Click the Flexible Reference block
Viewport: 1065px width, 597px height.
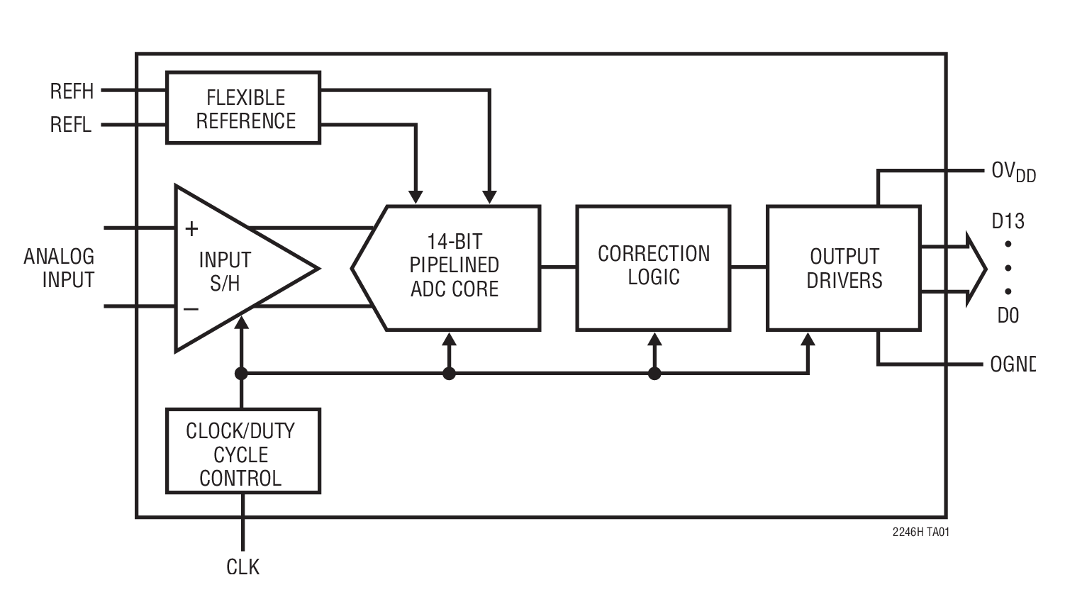coord(243,108)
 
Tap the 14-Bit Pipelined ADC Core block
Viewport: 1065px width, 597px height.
coord(454,267)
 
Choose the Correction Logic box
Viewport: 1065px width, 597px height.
coord(653,267)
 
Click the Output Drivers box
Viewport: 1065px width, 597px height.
coord(844,268)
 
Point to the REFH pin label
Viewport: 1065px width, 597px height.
coord(72,91)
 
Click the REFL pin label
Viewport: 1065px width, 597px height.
coord(71,125)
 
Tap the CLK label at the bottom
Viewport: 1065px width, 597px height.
coord(242,567)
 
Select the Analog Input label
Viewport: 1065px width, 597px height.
coord(60,268)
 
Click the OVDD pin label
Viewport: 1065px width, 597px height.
coord(1013,172)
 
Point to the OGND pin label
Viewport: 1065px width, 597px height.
coord(1013,364)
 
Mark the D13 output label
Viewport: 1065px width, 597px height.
coord(1008,222)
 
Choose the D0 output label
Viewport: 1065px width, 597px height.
coord(1008,315)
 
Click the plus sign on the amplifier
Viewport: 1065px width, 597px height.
coord(191,229)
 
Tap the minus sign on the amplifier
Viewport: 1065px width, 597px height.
coord(191,309)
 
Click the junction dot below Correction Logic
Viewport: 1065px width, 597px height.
coord(654,373)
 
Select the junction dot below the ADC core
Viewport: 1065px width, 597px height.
coord(449,373)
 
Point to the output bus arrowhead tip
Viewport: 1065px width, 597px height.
coord(985,269)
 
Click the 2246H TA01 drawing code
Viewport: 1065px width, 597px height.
coord(920,532)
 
